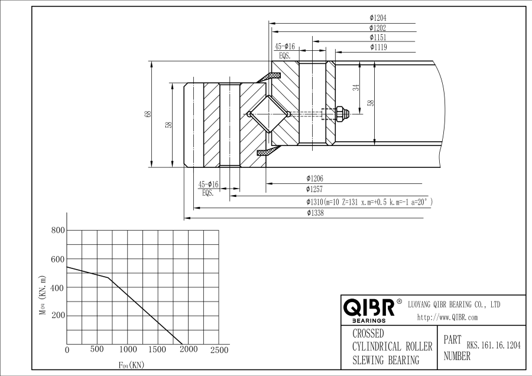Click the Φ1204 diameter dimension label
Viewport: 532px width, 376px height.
pyautogui.click(x=378, y=18)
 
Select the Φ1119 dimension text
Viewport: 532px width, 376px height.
pyautogui.click(x=378, y=47)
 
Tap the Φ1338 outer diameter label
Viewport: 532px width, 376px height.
pyautogui.click(x=315, y=213)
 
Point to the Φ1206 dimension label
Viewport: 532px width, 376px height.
pyautogui.click(x=314, y=179)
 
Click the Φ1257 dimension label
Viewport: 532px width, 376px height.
pyautogui.click(x=314, y=189)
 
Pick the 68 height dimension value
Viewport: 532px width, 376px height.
pyautogui.click(x=148, y=114)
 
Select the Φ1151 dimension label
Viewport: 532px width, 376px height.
pyautogui.click(x=378, y=37)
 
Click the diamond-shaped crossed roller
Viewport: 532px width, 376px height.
pyautogui.click(x=268, y=114)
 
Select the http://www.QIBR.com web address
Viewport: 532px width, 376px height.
pyautogui.click(x=447, y=317)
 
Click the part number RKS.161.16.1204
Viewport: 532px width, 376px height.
pyautogui.click(x=494, y=345)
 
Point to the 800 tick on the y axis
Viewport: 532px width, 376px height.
pyautogui.click(x=58, y=231)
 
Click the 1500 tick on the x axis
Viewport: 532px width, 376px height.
pyautogui.click(x=157, y=349)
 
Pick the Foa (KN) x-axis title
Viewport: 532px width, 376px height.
pyautogui.click(x=131, y=365)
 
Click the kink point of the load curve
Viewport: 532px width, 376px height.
pyautogui.click(x=108, y=278)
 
